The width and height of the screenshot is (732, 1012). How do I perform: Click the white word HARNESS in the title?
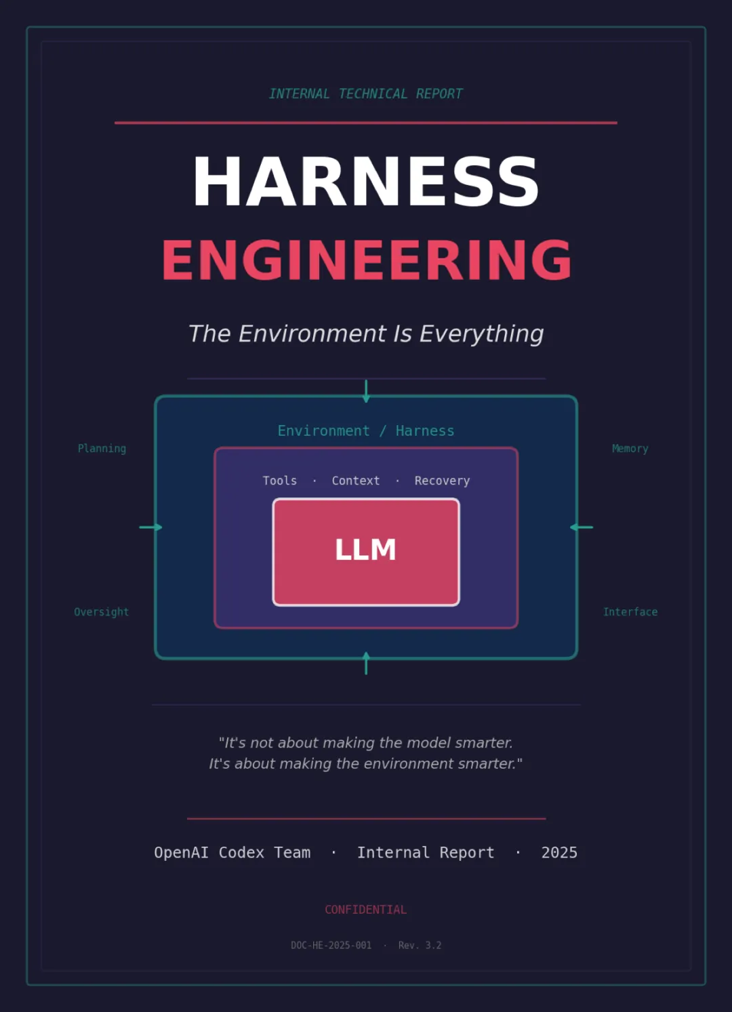click(x=366, y=182)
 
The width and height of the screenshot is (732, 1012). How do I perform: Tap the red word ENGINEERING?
click(x=367, y=260)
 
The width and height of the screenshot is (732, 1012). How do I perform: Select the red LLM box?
click(x=366, y=552)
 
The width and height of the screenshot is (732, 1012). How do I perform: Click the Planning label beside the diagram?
click(x=102, y=449)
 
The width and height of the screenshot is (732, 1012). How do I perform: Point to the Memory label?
click(x=630, y=449)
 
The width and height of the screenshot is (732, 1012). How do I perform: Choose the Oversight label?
click(x=101, y=612)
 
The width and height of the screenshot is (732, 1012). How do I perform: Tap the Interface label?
click(x=630, y=612)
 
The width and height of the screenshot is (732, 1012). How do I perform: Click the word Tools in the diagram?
click(x=279, y=481)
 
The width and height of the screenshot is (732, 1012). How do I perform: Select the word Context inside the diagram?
click(x=356, y=481)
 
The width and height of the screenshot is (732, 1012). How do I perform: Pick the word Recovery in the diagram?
click(x=442, y=481)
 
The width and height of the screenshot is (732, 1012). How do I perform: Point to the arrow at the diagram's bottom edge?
click(x=366, y=663)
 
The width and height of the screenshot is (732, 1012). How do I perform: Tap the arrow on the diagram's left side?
click(x=150, y=527)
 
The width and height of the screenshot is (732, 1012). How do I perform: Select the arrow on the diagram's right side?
click(x=582, y=527)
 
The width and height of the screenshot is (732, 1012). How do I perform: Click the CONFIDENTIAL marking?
click(x=365, y=910)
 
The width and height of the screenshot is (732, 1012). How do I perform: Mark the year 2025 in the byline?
click(x=559, y=853)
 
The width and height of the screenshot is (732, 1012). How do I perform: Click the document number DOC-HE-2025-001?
click(x=331, y=946)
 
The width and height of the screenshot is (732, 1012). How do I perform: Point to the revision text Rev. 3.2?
click(x=420, y=946)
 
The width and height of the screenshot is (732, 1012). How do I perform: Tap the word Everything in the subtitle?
click(x=481, y=333)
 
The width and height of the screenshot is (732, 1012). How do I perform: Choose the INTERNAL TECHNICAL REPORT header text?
click(x=366, y=94)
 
